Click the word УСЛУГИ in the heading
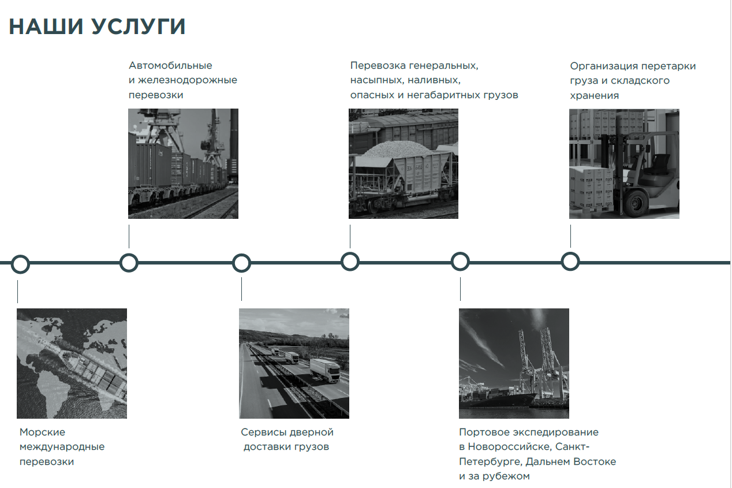[x=138, y=27]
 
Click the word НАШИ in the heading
[x=46, y=27]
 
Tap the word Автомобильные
[x=170, y=65]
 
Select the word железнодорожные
[x=188, y=80]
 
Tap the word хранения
[x=595, y=96]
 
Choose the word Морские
[x=42, y=432]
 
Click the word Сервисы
[x=263, y=433]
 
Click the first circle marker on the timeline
[x=20, y=264]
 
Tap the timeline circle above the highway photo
[x=241, y=263]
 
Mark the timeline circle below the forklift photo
[x=570, y=262]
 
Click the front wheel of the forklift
[x=636, y=203]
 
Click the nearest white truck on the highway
[x=325, y=370]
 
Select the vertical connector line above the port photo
[x=461, y=289]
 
